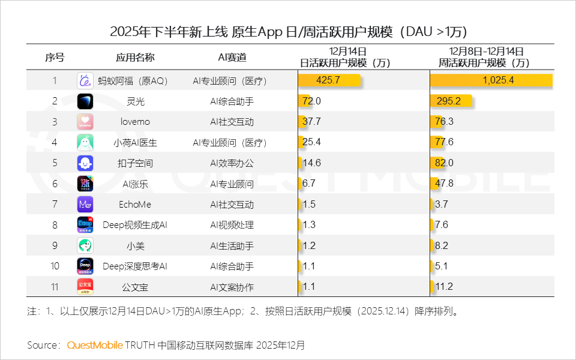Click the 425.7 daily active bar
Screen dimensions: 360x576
329,80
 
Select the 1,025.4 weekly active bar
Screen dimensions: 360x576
491,80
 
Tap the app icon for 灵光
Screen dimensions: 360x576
85,101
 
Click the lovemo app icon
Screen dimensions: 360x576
85,122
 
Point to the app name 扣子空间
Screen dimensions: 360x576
135,163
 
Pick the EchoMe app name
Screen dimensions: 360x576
135,205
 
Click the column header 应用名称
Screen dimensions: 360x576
135,58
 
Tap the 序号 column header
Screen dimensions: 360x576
55,58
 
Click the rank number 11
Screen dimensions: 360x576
55,287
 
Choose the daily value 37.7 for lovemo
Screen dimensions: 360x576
312,122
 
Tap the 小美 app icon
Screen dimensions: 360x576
85,245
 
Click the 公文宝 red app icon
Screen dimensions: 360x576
85,287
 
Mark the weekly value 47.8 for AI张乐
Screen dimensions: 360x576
443,184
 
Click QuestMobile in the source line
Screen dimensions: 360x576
95,346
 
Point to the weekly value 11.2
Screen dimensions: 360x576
443,287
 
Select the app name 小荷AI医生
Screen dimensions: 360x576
135,143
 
